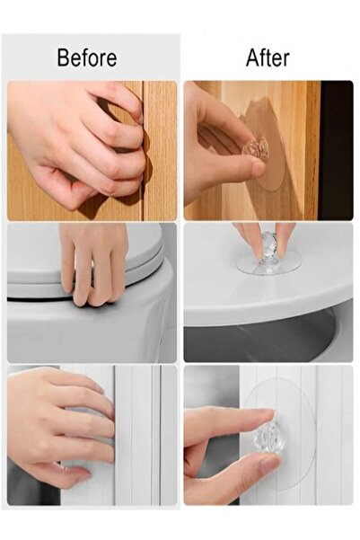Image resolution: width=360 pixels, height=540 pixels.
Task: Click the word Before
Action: click(x=87, y=58)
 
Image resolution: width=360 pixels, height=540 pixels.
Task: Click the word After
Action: click(x=268, y=58)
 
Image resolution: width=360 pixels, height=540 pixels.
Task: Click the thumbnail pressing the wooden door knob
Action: click(x=259, y=168)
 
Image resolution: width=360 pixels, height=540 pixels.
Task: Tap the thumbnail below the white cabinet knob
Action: click(x=270, y=463)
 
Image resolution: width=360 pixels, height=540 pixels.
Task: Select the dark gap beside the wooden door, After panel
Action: click(x=336, y=150)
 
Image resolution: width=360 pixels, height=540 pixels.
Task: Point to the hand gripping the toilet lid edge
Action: click(x=93, y=263)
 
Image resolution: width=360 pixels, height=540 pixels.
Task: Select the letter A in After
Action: click(x=252, y=58)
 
